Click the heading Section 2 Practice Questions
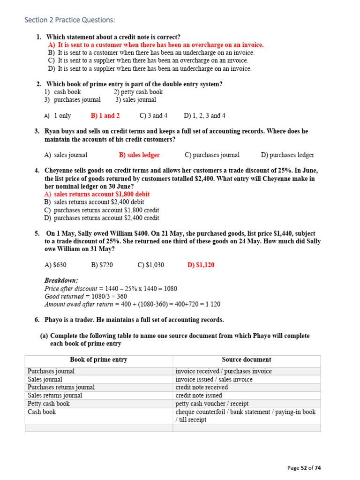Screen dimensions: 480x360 tap(69, 20)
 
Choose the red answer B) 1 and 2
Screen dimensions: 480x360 tap(105, 116)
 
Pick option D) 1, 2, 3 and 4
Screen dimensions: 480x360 tap(204, 116)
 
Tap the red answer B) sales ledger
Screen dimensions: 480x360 tap(139, 155)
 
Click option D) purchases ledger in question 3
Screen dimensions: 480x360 tap(287, 155)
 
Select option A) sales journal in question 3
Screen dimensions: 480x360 tap(66, 155)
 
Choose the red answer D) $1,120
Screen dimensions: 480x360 tap(201, 265)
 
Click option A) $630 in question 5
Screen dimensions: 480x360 tap(55, 265)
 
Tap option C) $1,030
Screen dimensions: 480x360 tap(151, 265)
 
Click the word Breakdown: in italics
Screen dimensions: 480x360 tap(61, 280)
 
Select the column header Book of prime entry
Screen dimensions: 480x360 tap(98, 360)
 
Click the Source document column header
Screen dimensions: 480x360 tap(247, 360)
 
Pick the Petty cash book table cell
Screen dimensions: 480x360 tap(49, 404)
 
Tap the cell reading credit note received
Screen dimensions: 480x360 tap(202, 387)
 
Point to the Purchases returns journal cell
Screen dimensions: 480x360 tap(61, 387)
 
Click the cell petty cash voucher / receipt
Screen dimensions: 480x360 tap(212, 404)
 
